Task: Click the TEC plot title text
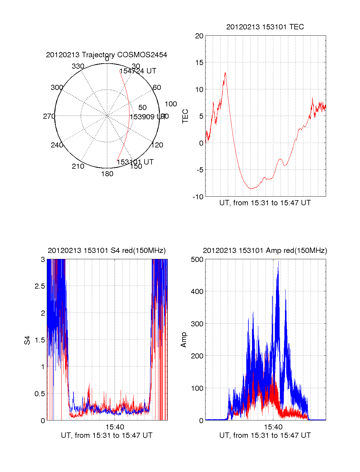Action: (x=265, y=27)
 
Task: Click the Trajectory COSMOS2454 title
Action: (x=106, y=55)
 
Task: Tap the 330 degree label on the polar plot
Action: (x=78, y=66)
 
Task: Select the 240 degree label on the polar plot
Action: (x=57, y=145)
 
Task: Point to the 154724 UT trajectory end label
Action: (x=138, y=71)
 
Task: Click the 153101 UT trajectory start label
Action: (x=135, y=162)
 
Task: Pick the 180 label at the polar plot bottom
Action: (x=107, y=174)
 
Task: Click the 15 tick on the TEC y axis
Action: (x=199, y=63)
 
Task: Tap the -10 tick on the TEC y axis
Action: (x=198, y=197)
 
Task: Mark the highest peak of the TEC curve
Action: (x=225, y=73)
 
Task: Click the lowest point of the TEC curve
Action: (x=251, y=189)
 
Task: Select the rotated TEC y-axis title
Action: (x=185, y=116)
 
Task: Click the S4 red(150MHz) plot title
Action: (x=106, y=251)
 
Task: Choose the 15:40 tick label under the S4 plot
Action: (x=115, y=427)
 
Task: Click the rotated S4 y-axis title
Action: (x=27, y=340)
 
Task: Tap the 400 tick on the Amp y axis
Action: (x=197, y=291)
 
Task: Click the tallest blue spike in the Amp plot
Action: (x=278, y=261)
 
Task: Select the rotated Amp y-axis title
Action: (x=184, y=340)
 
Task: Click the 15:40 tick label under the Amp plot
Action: (x=273, y=427)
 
